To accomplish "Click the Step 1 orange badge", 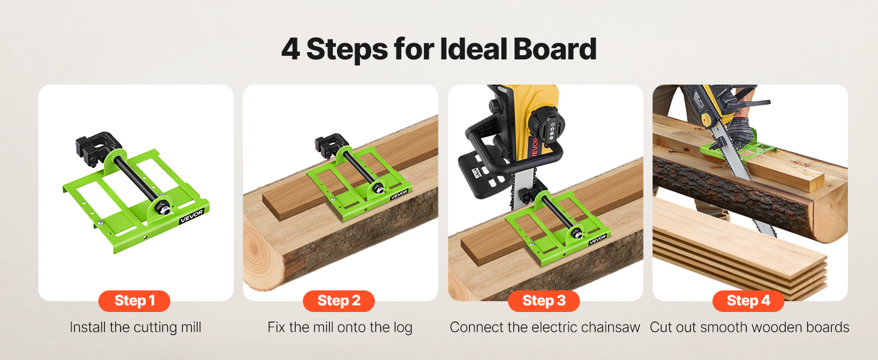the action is pyautogui.click(x=134, y=301).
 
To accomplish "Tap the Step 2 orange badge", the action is pyautogui.click(x=339, y=301).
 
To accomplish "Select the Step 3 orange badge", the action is pyautogui.click(x=544, y=301).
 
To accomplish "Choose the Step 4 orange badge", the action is pyautogui.click(x=748, y=301).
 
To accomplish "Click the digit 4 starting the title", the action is pyautogui.click(x=291, y=49).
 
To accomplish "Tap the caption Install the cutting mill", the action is pyautogui.click(x=136, y=327).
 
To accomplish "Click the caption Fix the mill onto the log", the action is pyautogui.click(x=340, y=327).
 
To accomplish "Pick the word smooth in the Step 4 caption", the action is pyautogui.click(x=724, y=327).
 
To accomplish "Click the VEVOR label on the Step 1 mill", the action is pyautogui.click(x=192, y=216).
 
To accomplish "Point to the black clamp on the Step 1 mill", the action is pyautogui.click(x=96, y=149).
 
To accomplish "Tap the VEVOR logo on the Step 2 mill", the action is pyautogui.click(x=399, y=194).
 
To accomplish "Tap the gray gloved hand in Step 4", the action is pyautogui.click(x=739, y=131).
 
